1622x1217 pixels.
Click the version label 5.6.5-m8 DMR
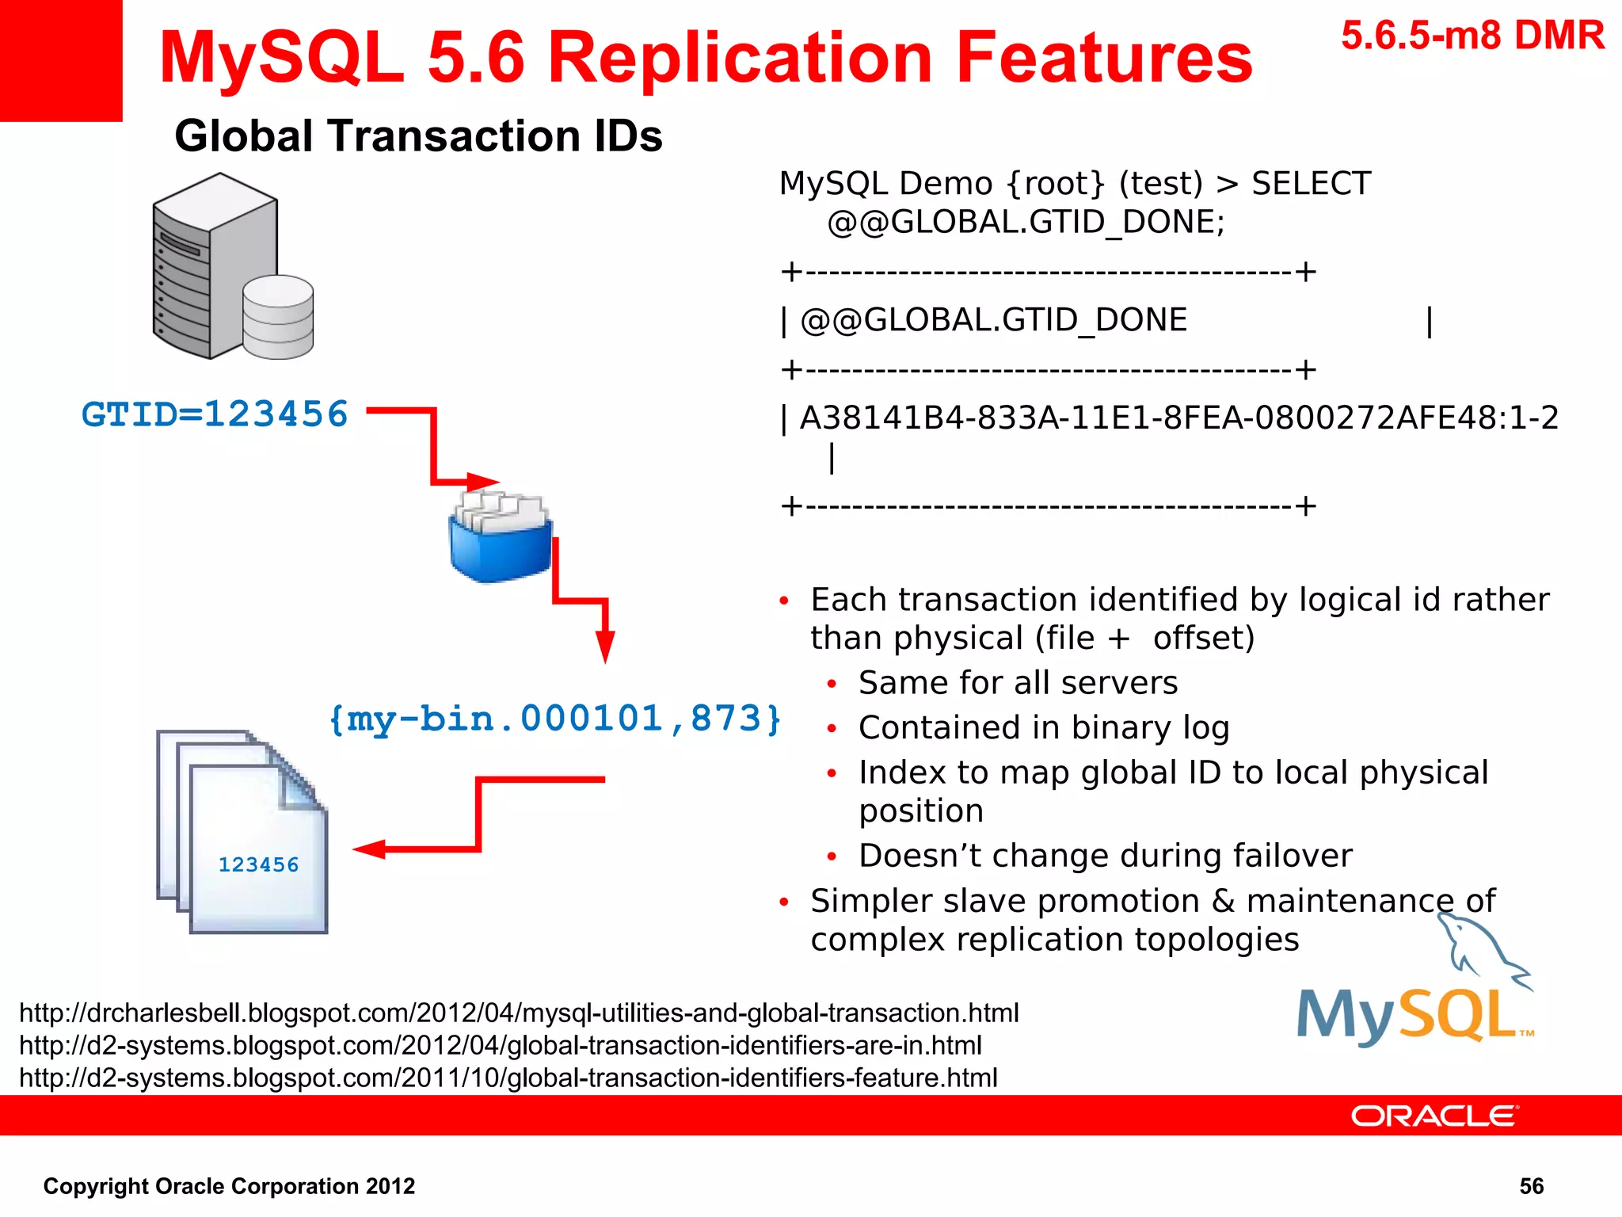[x=1472, y=36]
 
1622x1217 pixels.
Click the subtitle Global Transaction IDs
[x=418, y=135]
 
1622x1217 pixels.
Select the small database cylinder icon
[x=278, y=317]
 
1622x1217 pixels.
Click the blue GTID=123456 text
[x=215, y=414]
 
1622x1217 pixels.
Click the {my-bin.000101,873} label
[x=555, y=719]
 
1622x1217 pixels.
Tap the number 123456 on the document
[x=258, y=864]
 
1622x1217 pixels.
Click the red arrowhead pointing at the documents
[x=369, y=849]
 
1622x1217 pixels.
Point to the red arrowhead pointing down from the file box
[x=605, y=646]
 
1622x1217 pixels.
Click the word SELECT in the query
[x=1311, y=183]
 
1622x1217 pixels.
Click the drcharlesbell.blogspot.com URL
[x=519, y=1013]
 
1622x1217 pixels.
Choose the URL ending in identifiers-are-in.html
[x=501, y=1045]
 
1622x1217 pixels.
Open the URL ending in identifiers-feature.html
[x=508, y=1078]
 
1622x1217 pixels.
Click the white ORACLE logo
[x=1434, y=1116]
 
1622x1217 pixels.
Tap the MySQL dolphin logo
[x=1414, y=990]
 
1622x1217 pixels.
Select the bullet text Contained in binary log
[x=1044, y=727]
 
